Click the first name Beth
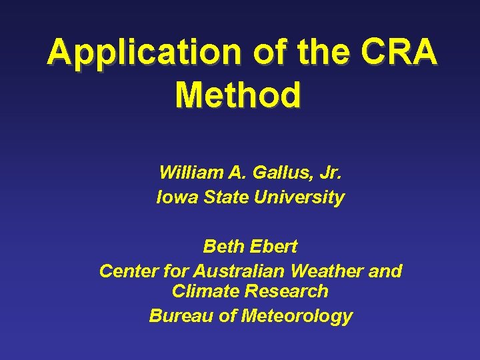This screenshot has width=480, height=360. click(x=223, y=247)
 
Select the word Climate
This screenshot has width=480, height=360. click(x=206, y=291)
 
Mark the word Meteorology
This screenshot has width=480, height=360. click(x=296, y=316)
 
